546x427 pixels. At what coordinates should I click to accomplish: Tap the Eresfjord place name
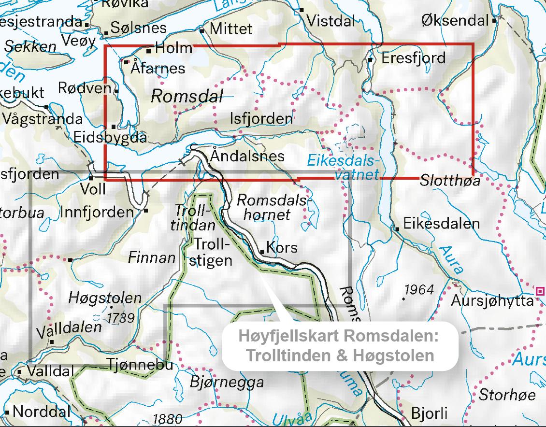(x=413, y=58)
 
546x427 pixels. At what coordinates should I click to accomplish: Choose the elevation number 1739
(x=120, y=317)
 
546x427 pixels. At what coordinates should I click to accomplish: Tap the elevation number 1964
(x=419, y=290)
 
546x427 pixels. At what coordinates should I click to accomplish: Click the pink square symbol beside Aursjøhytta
(x=540, y=290)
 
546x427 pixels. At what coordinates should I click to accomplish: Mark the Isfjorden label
(x=261, y=118)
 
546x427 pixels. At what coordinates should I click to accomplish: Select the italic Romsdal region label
(x=187, y=96)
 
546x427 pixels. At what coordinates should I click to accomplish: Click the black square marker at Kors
(x=262, y=252)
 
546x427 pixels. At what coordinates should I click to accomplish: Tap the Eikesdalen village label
(x=441, y=224)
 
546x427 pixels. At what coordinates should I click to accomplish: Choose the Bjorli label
(x=429, y=413)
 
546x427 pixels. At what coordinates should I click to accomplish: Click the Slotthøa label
(x=450, y=181)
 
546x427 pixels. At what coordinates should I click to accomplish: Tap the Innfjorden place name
(x=97, y=212)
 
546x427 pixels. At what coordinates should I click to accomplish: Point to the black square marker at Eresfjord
(x=370, y=60)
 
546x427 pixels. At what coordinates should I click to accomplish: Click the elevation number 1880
(x=167, y=419)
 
